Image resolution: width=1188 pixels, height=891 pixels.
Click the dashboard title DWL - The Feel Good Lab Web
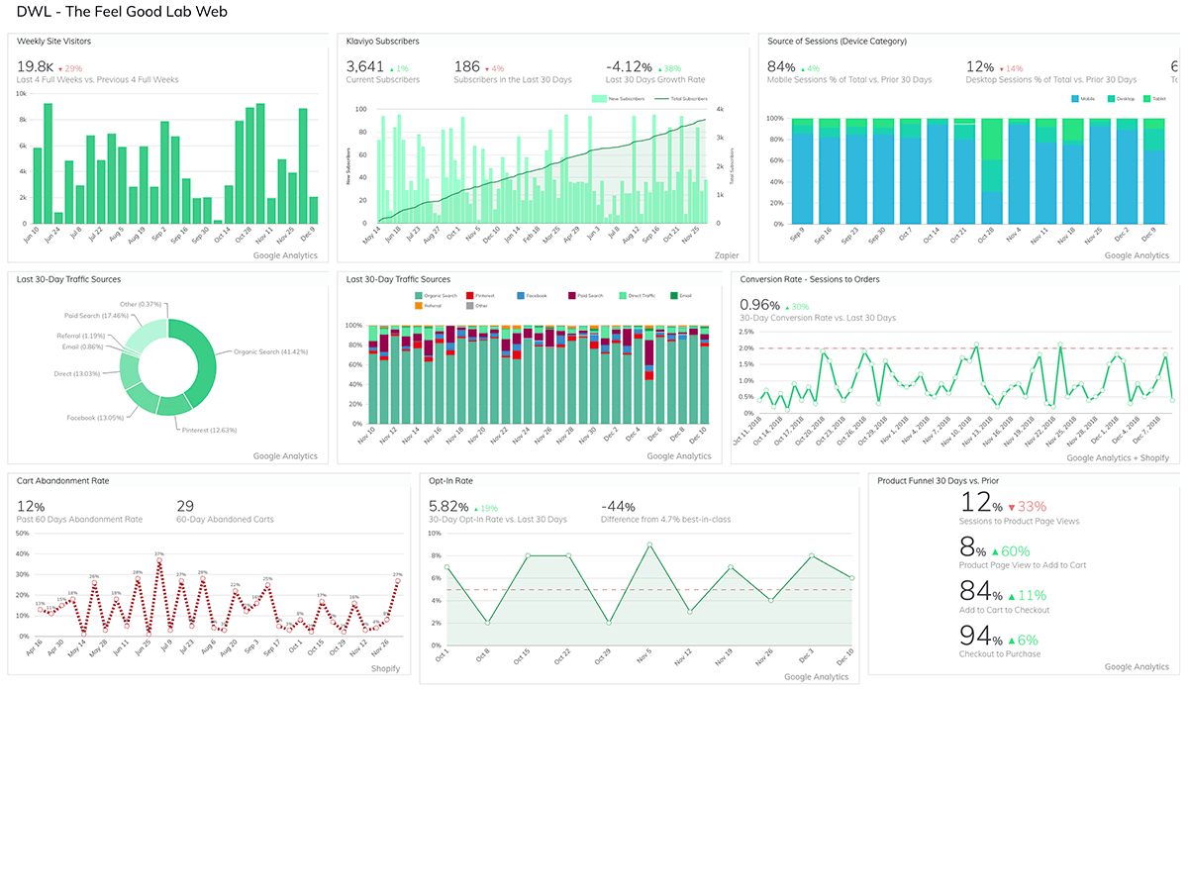122,13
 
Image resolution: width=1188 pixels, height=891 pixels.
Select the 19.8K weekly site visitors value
35,66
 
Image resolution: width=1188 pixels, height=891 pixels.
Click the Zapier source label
727,255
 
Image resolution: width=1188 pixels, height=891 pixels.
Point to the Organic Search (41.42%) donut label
270,351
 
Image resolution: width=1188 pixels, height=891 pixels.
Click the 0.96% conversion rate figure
760,304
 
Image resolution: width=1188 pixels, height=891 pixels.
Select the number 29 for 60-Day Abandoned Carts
185,506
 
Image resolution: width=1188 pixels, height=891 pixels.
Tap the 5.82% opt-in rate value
447,506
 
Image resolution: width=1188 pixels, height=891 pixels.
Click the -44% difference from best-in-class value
621,506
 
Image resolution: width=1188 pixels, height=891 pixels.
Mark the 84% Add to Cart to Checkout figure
981,591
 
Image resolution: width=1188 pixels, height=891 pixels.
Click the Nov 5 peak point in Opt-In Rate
648,544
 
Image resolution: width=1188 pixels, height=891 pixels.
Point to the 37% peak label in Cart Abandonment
158,553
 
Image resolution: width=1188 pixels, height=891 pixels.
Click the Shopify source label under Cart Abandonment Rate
385,669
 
